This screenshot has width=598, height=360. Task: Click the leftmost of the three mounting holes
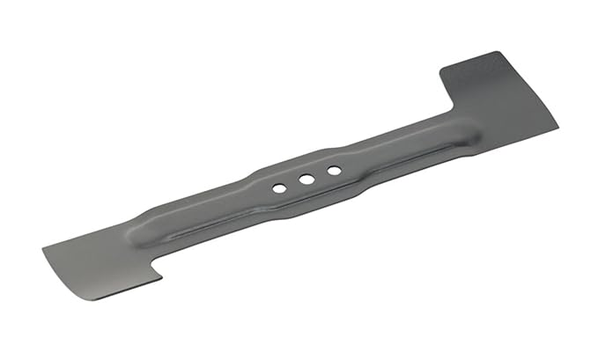[278, 187]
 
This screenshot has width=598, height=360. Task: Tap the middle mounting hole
[306, 179]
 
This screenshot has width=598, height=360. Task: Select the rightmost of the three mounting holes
[333, 170]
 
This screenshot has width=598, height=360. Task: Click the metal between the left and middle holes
[292, 183]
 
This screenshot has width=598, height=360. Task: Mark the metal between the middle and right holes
[320, 174]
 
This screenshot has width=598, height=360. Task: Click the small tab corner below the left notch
[160, 280]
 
